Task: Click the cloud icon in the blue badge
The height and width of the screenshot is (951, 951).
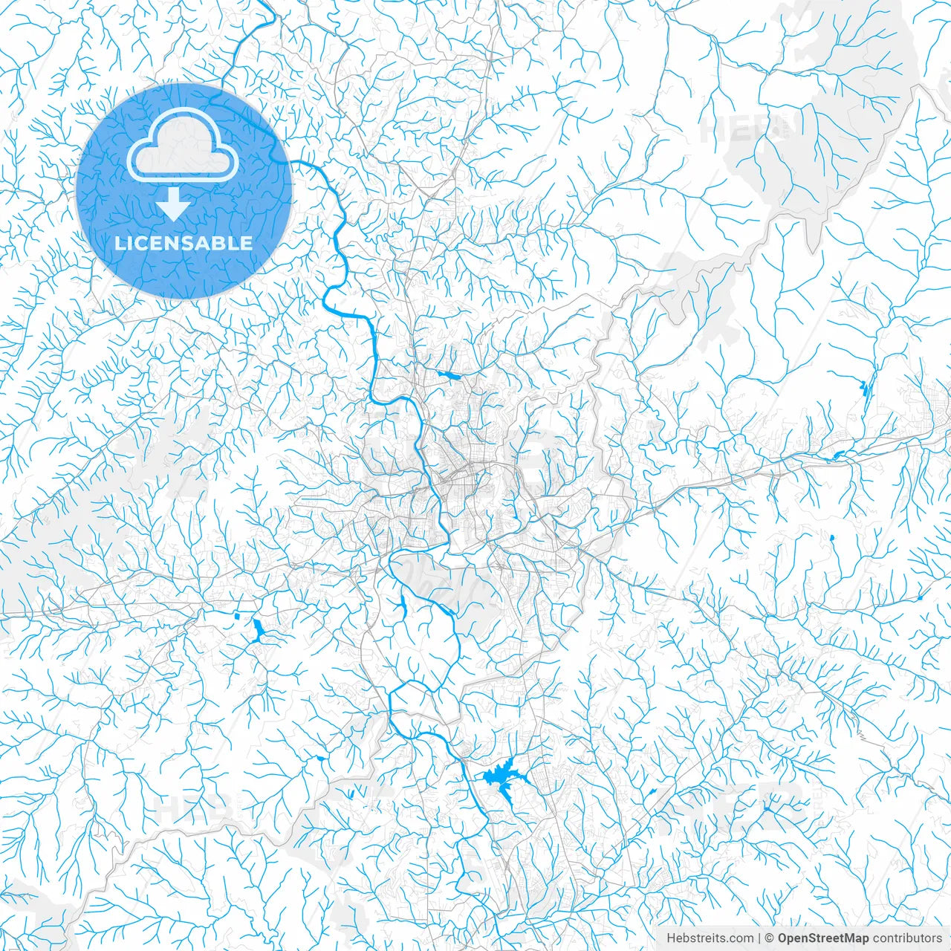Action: (x=183, y=147)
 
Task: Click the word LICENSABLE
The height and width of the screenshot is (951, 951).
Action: (x=184, y=243)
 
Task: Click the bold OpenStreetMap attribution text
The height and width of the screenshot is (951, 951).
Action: (x=823, y=938)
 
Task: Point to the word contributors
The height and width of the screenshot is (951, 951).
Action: (x=907, y=938)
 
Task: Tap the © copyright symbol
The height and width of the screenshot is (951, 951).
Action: (x=770, y=938)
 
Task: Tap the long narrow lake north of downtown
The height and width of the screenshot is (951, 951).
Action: (x=449, y=375)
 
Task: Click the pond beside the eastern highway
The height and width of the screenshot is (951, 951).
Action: (x=839, y=454)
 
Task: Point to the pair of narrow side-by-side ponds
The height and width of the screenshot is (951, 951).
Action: (x=863, y=387)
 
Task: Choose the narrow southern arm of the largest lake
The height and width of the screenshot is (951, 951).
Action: (x=512, y=799)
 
